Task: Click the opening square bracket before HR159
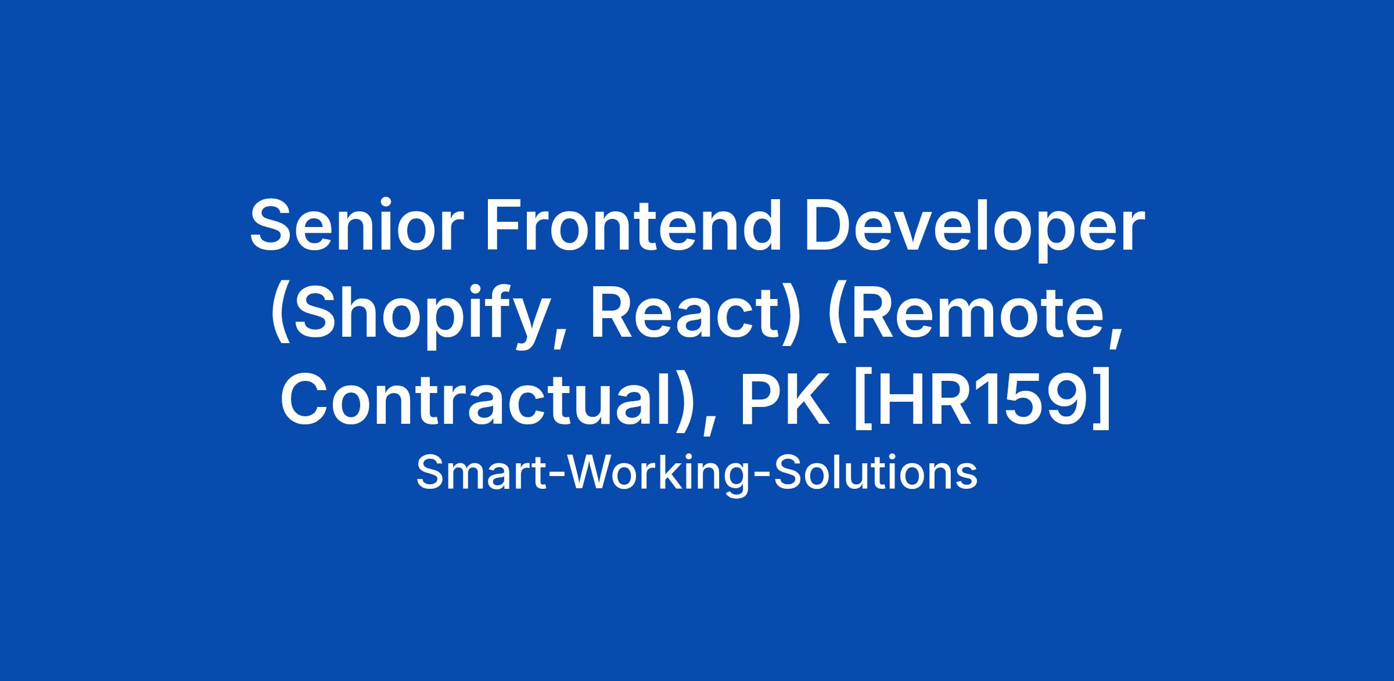pos(862,401)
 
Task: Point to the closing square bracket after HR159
pos(1101,401)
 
